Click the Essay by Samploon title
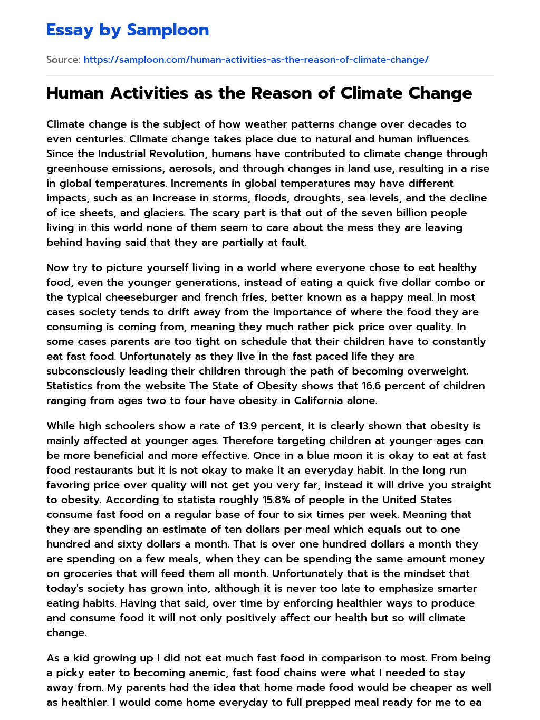pos(128,30)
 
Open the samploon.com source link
pos(256,60)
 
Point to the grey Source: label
pos(63,60)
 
